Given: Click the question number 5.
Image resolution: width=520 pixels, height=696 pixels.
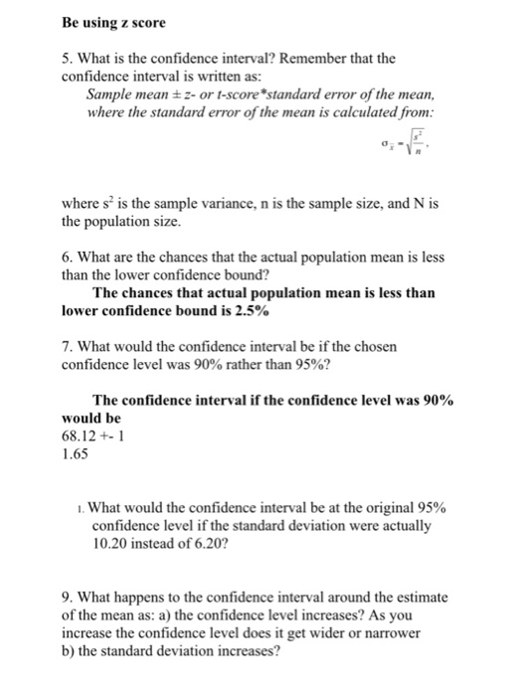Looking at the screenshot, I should pyautogui.click(x=67, y=58).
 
